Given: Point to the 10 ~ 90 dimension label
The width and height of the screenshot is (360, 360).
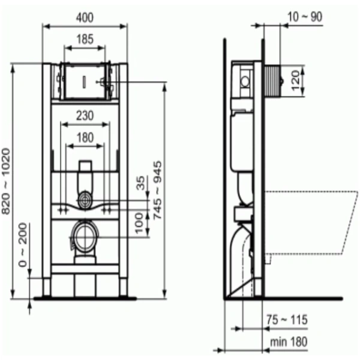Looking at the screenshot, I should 304,16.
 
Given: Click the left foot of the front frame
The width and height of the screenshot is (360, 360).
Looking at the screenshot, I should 47,287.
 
